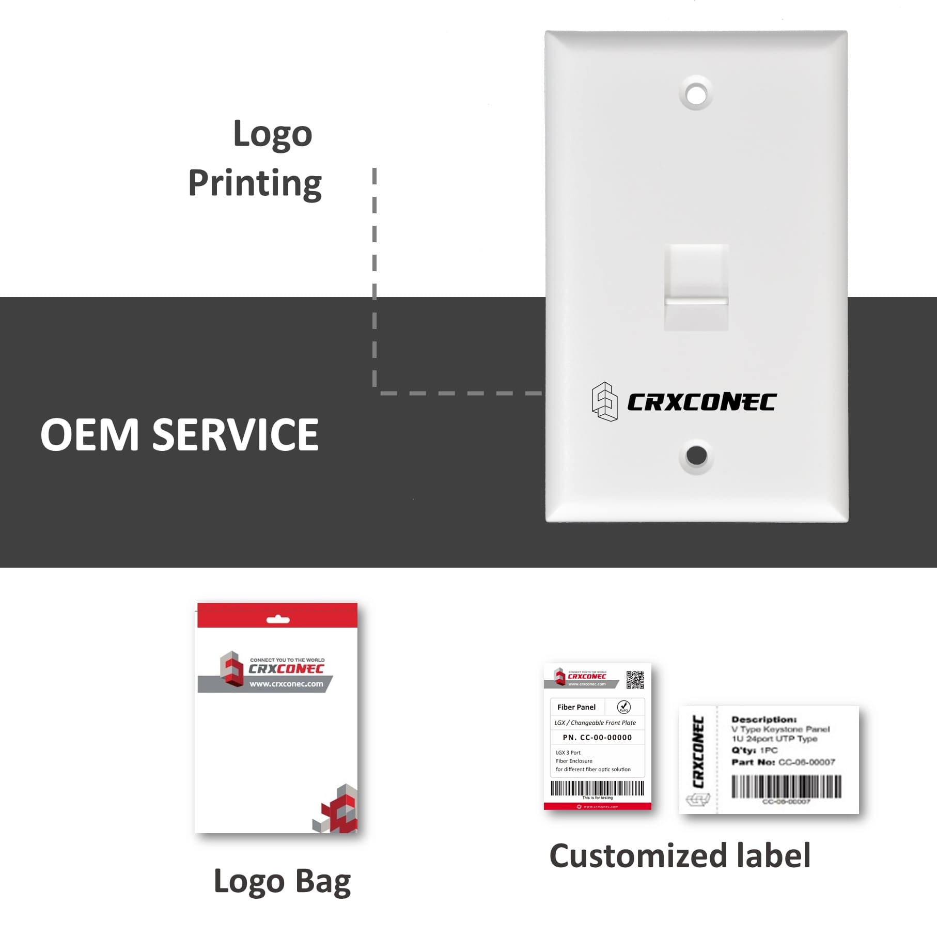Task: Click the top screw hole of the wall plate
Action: click(696, 95)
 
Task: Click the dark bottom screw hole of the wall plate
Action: click(696, 455)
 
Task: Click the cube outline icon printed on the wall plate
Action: click(604, 401)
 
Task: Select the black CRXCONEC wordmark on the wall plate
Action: click(701, 402)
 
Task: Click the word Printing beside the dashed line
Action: click(255, 183)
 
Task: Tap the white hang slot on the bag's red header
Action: click(278, 619)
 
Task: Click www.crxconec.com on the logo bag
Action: click(286, 684)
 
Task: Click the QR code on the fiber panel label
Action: click(635, 680)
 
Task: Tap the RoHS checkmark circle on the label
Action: click(623, 707)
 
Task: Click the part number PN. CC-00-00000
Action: click(597, 737)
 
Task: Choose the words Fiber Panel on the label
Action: click(576, 707)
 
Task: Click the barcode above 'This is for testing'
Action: click(597, 788)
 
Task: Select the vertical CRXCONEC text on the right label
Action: click(698, 752)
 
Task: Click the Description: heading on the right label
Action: click(764, 719)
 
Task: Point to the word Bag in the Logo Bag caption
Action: click(323, 882)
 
